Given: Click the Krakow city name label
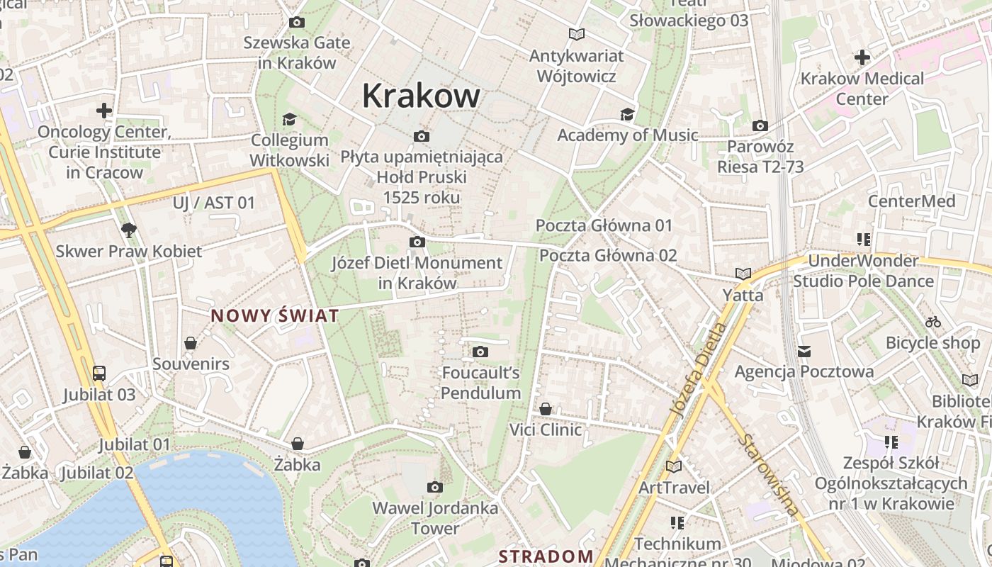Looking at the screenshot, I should (x=421, y=96).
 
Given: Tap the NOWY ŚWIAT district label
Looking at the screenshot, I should (x=275, y=316).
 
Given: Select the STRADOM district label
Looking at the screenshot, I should (x=546, y=556).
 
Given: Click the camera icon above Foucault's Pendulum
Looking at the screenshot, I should (x=480, y=352).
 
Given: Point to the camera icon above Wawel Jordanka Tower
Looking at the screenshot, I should (x=435, y=487).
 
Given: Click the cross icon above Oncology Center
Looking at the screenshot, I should (x=104, y=111).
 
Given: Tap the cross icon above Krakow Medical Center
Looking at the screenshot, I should (x=862, y=57).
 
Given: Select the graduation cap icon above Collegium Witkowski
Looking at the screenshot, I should (x=289, y=119).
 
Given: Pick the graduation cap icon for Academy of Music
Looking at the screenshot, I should (x=627, y=114).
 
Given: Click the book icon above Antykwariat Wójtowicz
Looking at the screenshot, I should (x=577, y=34).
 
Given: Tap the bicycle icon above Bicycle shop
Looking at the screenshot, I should (x=933, y=322).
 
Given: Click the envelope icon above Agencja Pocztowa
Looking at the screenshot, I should (x=804, y=351).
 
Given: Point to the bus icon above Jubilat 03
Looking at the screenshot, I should (x=99, y=374).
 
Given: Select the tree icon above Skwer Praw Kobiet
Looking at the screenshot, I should (x=128, y=230).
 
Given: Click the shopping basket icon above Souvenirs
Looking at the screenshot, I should (x=191, y=343).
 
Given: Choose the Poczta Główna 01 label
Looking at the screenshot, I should (x=604, y=225).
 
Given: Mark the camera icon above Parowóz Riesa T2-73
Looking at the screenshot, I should (x=760, y=125).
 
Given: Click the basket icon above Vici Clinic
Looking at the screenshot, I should (x=546, y=409).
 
